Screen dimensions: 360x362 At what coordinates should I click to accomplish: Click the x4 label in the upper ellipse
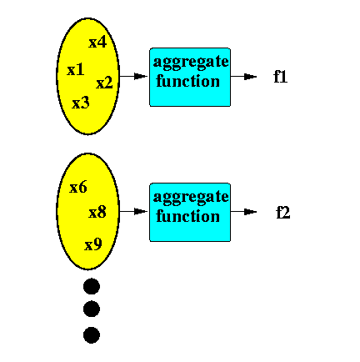[x=97, y=43]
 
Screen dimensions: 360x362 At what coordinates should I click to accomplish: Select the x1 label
[x=76, y=69]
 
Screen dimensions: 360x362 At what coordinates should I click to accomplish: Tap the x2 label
[x=104, y=83]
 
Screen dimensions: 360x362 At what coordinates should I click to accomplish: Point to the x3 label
[x=81, y=103]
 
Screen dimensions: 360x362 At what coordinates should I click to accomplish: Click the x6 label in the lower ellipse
[x=78, y=187]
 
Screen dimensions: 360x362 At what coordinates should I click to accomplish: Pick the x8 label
[x=97, y=212]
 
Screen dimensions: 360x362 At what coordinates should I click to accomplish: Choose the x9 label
[x=93, y=244]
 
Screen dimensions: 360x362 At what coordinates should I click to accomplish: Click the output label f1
[x=280, y=77]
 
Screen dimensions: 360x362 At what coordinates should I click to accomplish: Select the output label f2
[x=283, y=213]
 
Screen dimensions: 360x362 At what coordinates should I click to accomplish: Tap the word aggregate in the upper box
[x=191, y=62]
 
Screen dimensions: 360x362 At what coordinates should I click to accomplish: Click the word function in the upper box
[x=187, y=81]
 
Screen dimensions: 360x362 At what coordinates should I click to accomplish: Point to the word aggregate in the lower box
[x=191, y=197]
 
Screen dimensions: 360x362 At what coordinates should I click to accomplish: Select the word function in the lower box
[x=187, y=216]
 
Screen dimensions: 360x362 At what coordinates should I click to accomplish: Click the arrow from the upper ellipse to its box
[x=133, y=76]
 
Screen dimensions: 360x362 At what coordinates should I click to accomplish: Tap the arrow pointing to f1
[x=243, y=77]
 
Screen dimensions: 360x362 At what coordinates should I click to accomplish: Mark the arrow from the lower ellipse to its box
[x=133, y=212]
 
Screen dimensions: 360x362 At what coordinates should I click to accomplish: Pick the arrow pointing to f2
[x=243, y=212]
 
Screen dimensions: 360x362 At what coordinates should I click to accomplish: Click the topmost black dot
[x=92, y=286]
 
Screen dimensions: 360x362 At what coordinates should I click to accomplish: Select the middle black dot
[x=92, y=309]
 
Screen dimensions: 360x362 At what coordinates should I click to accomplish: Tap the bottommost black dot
[x=92, y=335]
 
